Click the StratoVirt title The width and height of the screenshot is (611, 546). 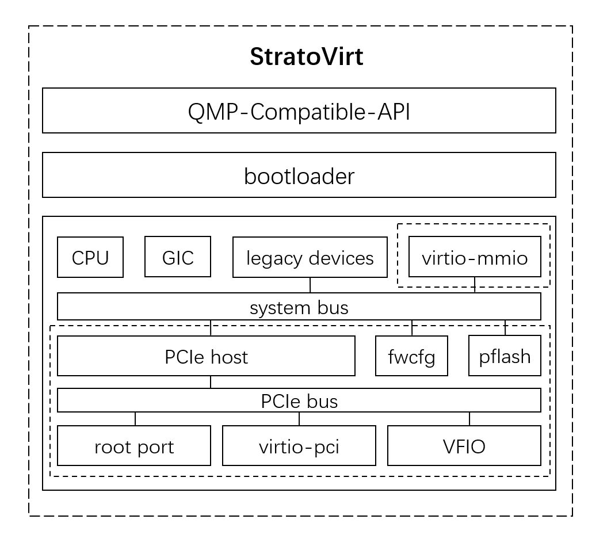point(306,57)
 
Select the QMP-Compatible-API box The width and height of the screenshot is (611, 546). point(299,110)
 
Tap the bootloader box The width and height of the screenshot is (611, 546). point(299,175)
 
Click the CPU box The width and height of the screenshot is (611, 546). point(90,257)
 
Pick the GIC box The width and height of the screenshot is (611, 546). point(178,257)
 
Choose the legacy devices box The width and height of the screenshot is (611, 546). point(310,257)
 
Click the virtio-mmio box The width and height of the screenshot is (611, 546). point(475,257)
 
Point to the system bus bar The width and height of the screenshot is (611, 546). point(299,307)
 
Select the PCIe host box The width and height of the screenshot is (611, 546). point(206,356)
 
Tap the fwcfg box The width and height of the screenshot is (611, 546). point(411,356)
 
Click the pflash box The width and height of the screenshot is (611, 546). point(505,356)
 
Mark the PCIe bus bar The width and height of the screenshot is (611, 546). point(299,400)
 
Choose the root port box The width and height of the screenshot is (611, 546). point(134,446)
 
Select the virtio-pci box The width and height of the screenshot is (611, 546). point(299,446)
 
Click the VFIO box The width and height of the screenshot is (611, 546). point(464,446)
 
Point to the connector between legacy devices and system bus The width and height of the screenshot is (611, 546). point(310,285)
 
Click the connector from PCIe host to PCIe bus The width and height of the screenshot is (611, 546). point(211,382)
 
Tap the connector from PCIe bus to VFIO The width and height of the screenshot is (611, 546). point(469,419)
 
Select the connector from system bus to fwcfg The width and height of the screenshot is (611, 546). point(412,328)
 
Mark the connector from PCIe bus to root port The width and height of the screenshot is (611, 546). point(135,419)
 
